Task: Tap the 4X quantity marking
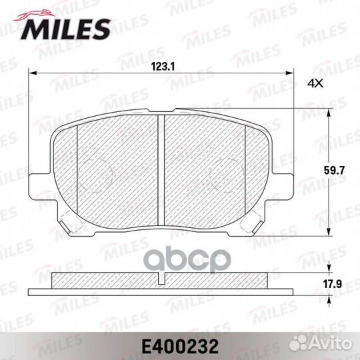pos(315,83)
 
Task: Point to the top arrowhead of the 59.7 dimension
pos(329,114)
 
